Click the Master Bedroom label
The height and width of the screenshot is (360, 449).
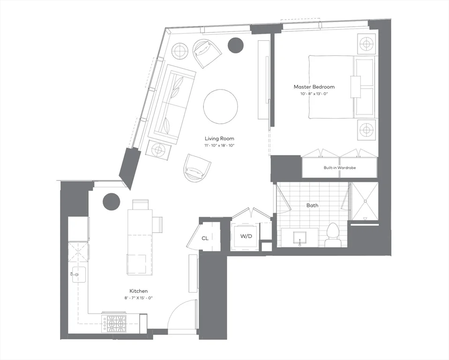click(x=314, y=87)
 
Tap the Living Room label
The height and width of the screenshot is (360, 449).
click(x=219, y=138)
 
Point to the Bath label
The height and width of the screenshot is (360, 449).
click(x=312, y=205)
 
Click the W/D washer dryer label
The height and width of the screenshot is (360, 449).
click(x=246, y=236)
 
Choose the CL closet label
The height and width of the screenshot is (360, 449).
click(x=205, y=238)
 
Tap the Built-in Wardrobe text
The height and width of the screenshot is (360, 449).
click(x=340, y=167)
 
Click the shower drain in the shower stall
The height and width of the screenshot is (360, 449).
click(x=365, y=201)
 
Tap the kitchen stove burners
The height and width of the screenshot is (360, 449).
click(x=113, y=324)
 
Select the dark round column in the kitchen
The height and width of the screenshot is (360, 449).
click(x=111, y=202)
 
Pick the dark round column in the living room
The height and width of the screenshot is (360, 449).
click(x=236, y=45)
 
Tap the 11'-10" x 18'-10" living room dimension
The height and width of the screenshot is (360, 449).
click(x=219, y=145)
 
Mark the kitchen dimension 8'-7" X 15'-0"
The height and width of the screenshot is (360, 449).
click(x=137, y=298)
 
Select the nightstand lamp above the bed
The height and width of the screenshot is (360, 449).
click(x=366, y=44)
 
